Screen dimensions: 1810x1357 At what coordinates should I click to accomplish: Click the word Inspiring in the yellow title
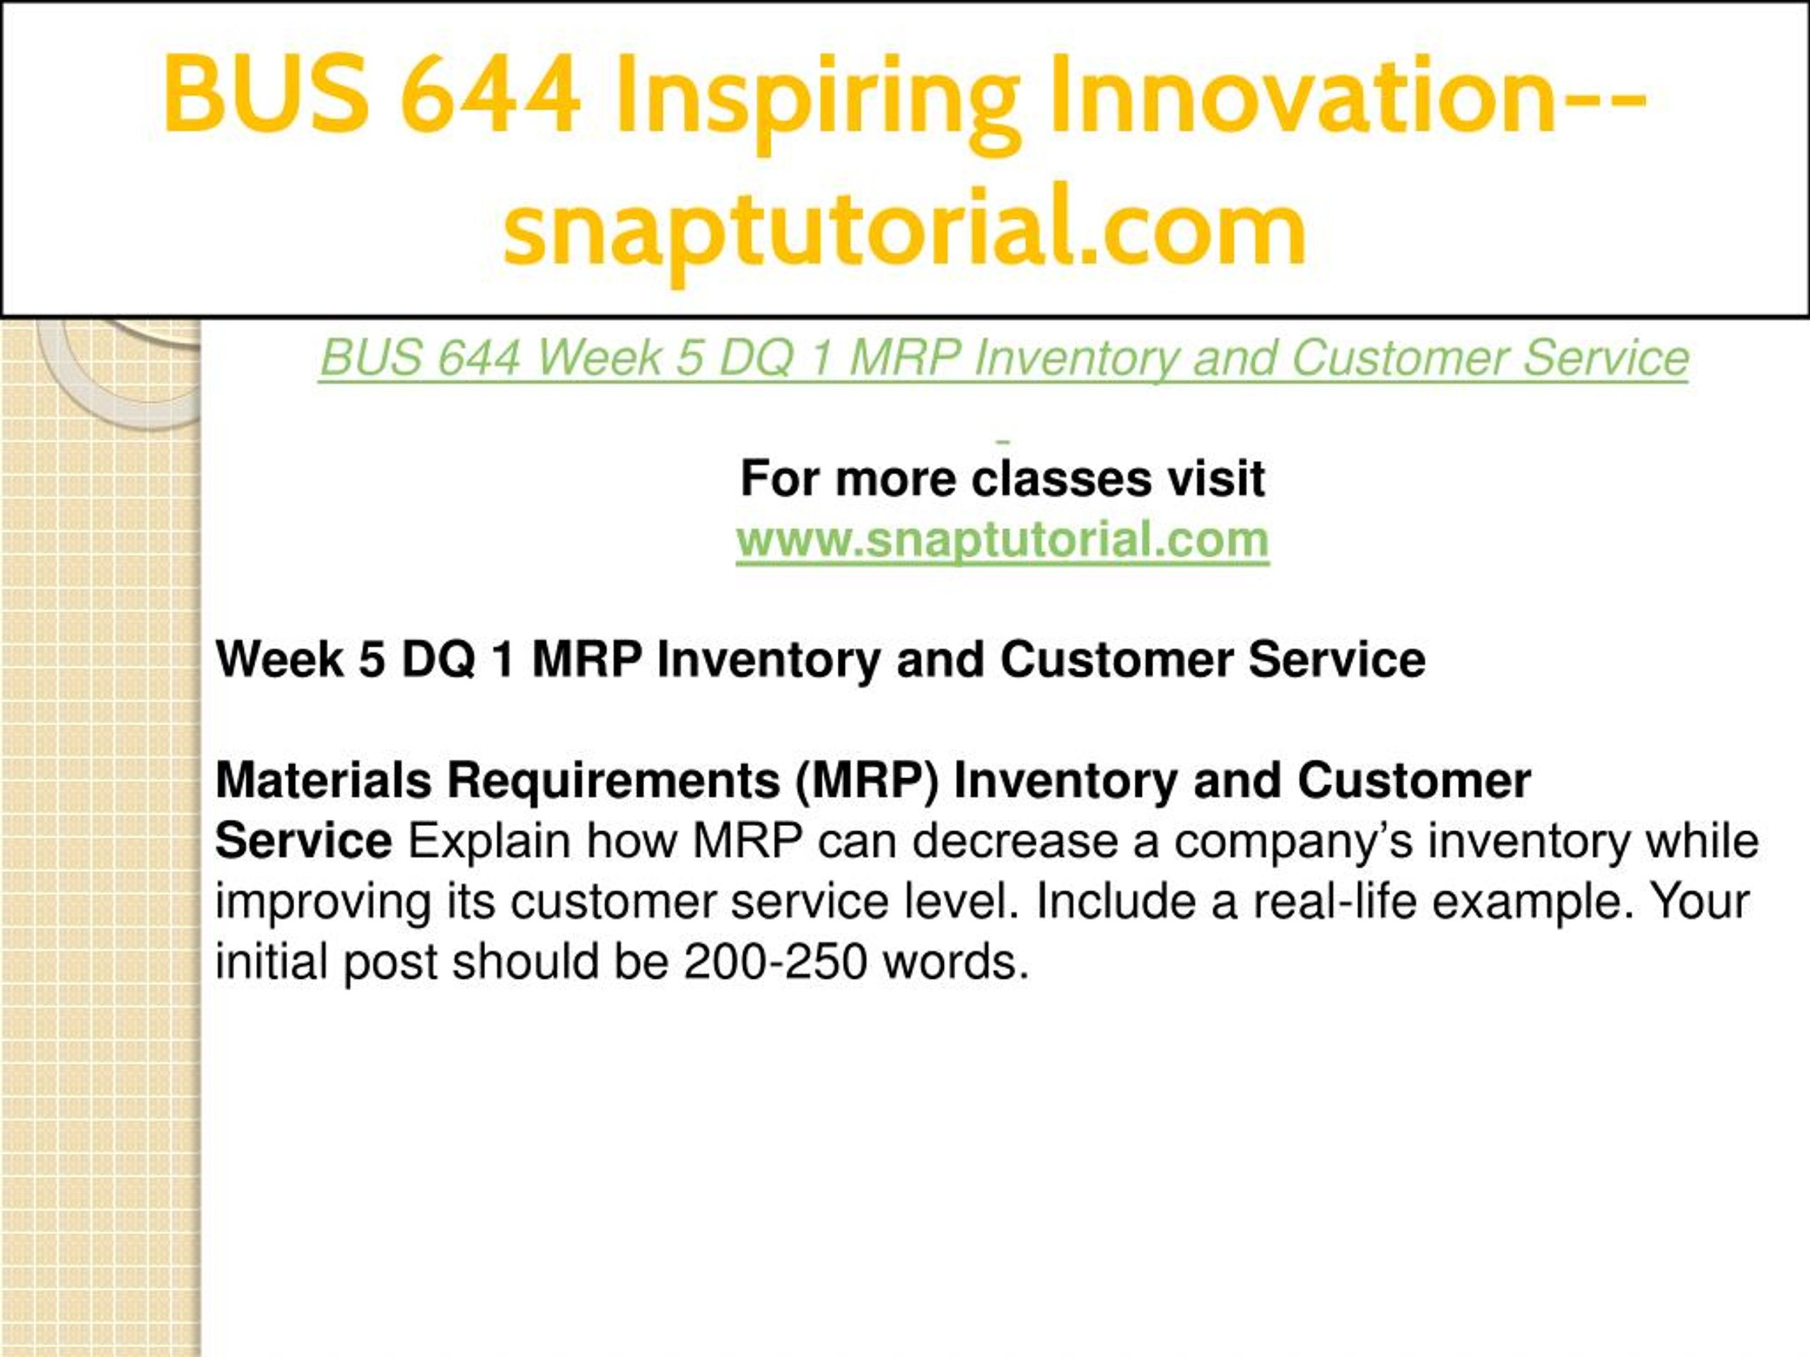[x=819, y=99]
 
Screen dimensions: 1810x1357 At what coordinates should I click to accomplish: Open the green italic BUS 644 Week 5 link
[x=1004, y=358]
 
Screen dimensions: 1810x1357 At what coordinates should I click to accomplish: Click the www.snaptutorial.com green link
[x=1003, y=540]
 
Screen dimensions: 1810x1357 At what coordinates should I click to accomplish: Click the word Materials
[x=323, y=780]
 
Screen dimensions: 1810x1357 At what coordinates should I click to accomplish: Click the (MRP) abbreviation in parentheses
[x=868, y=781]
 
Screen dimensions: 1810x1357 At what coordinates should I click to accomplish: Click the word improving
[x=323, y=903]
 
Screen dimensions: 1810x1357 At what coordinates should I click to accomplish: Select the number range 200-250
[x=775, y=962]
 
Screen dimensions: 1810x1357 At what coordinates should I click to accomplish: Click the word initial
[x=271, y=962]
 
